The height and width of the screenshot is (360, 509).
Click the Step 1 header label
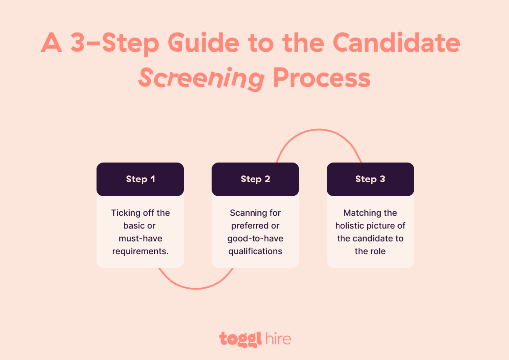(x=140, y=179)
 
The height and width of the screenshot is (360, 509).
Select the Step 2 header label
(x=255, y=179)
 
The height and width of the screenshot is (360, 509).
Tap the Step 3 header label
(x=370, y=179)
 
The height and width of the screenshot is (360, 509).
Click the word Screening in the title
(x=201, y=79)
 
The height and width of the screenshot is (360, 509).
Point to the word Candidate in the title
(x=396, y=44)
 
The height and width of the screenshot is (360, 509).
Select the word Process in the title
(x=322, y=79)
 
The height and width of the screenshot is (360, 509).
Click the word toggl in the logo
(x=237, y=340)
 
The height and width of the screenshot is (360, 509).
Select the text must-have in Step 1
(x=140, y=238)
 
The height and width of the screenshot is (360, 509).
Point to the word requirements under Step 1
(x=140, y=251)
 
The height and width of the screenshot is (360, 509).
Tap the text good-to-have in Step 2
(x=255, y=238)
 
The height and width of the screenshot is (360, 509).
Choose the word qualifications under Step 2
(x=255, y=251)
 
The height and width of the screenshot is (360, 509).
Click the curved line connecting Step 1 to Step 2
(x=196, y=288)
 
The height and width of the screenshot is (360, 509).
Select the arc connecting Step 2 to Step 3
(x=318, y=130)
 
